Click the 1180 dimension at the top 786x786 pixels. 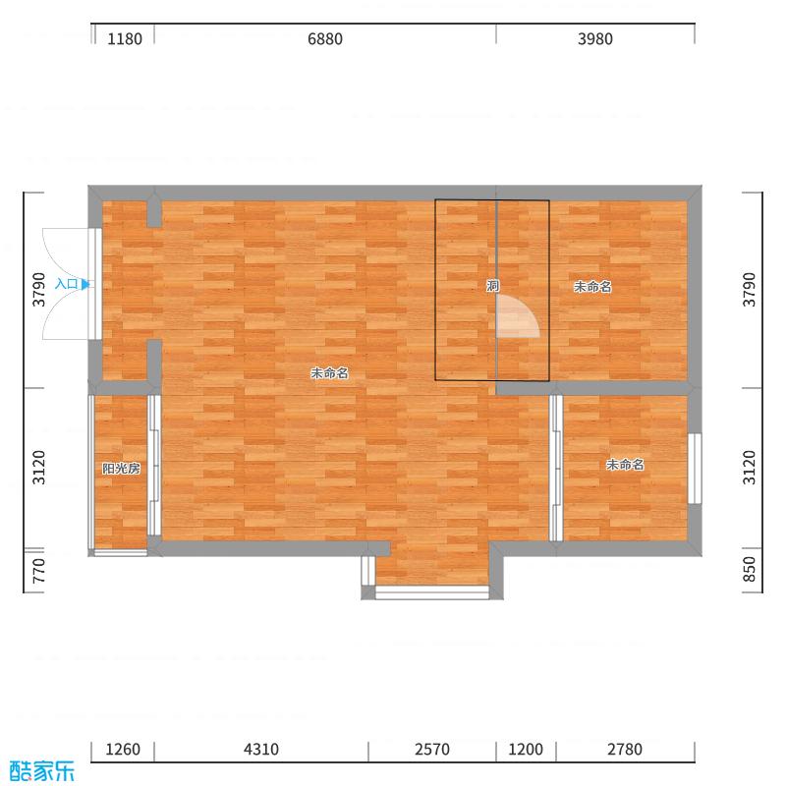click(x=125, y=39)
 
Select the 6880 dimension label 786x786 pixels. click(x=325, y=39)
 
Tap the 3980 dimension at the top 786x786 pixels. click(x=595, y=39)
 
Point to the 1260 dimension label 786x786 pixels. click(x=123, y=750)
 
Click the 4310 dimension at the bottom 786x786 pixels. click(x=261, y=750)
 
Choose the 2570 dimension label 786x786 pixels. click(x=432, y=750)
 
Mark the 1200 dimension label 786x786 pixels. click(x=526, y=750)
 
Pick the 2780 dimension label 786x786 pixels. click(x=625, y=750)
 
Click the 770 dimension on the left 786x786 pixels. click(x=38, y=571)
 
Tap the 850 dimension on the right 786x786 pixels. click(x=749, y=569)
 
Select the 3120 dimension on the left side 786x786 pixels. click(x=38, y=468)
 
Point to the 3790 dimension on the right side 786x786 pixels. click(x=749, y=290)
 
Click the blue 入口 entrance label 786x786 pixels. click(x=66, y=284)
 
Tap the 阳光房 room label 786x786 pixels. click(x=121, y=469)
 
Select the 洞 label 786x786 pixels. click(x=493, y=286)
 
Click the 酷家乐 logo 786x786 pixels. click(x=41, y=771)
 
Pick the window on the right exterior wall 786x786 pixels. click(x=695, y=469)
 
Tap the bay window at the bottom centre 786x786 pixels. click(x=432, y=592)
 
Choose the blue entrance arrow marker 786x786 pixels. click(x=85, y=284)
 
